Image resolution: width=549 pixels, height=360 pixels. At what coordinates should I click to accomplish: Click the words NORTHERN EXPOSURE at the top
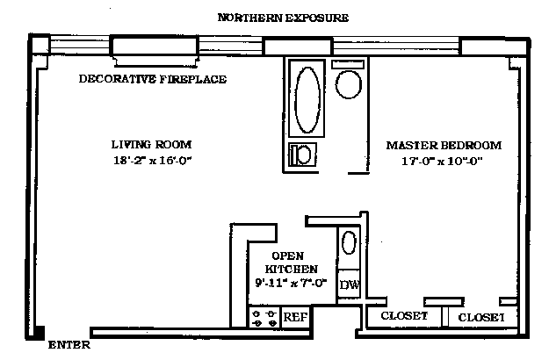click(x=282, y=18)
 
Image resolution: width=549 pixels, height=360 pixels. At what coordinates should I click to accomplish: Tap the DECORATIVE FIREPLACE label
click(x=153, y=79)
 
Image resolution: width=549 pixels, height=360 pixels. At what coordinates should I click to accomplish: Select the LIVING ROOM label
click(x=151, y=144)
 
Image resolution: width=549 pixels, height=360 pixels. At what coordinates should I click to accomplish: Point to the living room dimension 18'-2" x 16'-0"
click(x=151, y=161)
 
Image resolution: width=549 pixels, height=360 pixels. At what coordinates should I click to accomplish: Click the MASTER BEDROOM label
click(x=444, y=145)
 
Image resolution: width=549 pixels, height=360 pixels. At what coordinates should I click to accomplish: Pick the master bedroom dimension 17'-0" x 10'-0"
click(x=442, y=162)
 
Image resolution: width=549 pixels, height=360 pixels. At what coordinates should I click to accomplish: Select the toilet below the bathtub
click(x=303, y=155)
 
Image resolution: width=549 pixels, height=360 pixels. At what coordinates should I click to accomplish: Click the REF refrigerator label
click(x=294, y=317)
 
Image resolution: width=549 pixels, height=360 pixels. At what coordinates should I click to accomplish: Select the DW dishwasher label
click(x=349, y=285)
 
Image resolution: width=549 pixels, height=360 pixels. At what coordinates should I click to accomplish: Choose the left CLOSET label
click(x=403, y=316)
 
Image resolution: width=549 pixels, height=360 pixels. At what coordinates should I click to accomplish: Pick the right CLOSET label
click(x=481, y=316)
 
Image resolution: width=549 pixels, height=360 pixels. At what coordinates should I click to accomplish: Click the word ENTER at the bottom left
click(x=70, y=345)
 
